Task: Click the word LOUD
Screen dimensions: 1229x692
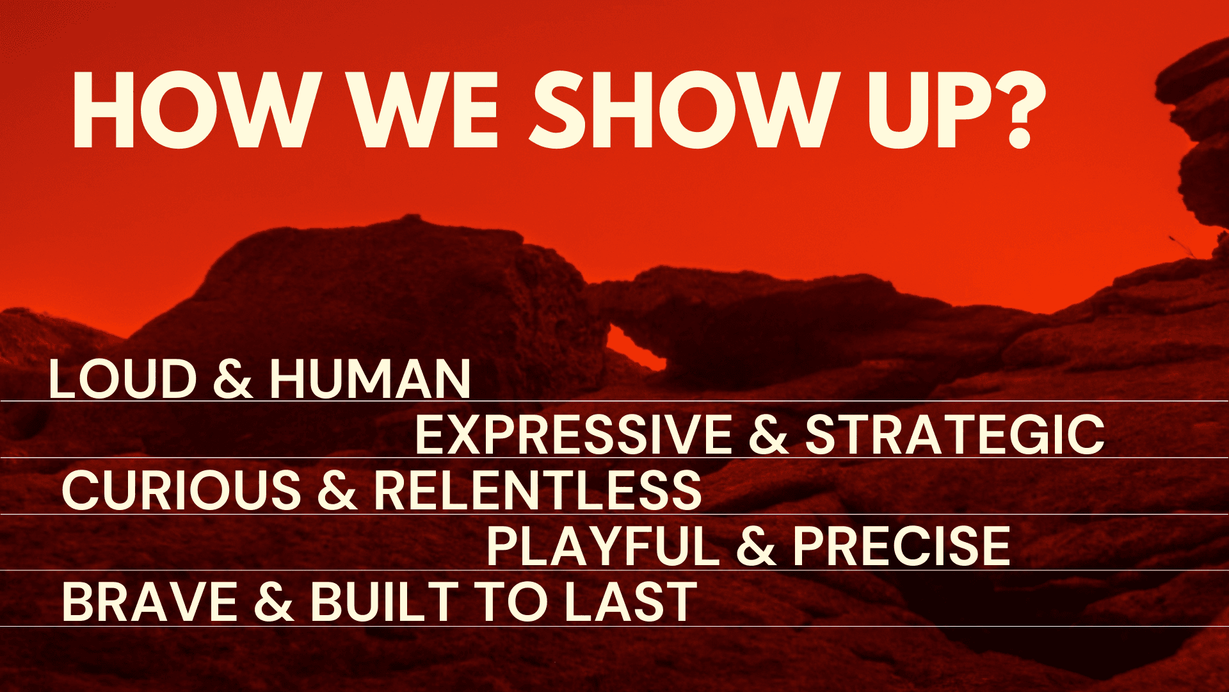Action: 122,379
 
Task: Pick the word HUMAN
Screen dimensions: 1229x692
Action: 371,379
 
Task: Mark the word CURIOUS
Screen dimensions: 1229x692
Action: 181,491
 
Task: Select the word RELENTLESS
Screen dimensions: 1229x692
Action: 538,491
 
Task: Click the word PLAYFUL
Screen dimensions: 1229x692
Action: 603,547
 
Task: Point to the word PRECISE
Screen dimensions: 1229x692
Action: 901,547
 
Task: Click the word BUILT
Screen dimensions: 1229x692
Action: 385,602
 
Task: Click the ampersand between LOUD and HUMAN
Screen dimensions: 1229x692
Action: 233,379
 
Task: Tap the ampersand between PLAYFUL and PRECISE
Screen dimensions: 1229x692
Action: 756,547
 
